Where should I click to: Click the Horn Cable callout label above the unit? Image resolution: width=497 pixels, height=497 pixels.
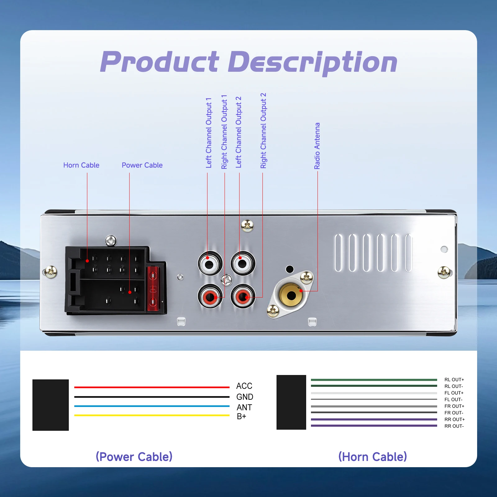pyautogui.click(x=81, y=165)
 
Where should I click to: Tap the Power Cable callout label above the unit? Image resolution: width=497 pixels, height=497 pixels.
pyautogui.click(x=142, y=165)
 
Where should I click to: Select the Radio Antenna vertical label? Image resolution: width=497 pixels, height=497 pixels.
pyautogui.click(x=317, y=146)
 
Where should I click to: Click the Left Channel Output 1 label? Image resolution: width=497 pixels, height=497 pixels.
pyautogui.click(x=209, y=133)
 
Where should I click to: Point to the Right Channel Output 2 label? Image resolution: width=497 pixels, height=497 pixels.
pyautogui.click(x=263, y=131)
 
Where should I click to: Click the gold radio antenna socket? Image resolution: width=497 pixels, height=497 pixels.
pyautogui.click(x=291, y=295)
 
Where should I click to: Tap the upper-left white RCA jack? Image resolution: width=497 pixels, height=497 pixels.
pyautogui.click(x=210, y=263)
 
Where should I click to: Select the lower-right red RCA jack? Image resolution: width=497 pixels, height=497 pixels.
pyautogui.click(x=243, y=296)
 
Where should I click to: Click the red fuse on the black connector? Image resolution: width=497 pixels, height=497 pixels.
pyautogui.click(x=153, y=289)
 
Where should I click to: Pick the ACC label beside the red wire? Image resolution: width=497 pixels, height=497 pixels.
pyautogui.click(x=244, y=386)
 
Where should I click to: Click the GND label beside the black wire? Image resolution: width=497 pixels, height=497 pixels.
pyautogui.click(x=245, y=397)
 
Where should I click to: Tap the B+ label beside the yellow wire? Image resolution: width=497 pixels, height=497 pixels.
pyautogui.click(x=241, y=417)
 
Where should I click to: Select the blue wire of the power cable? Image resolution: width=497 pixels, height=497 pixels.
pyautogui.click(x=152, y=406)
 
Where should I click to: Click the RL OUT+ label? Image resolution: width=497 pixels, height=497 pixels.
pyautogui.click(x=454, y=380)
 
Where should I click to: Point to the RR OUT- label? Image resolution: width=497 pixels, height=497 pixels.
pyautogui.click(x=454, y=426)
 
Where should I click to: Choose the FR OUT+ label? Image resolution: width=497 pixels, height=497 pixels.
pyautogui.click(x=454, y=406)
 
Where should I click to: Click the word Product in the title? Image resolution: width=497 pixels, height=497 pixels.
pyautogui.click(x=160, y=62)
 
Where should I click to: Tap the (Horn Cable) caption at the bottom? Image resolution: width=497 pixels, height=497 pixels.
pyautogui.click(x=372, y=457)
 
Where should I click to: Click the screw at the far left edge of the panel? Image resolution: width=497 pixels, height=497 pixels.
pyautogui.click(x=51, y=272)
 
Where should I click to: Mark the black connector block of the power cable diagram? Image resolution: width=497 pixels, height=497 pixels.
pyautogui.click(x=51, y=405)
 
